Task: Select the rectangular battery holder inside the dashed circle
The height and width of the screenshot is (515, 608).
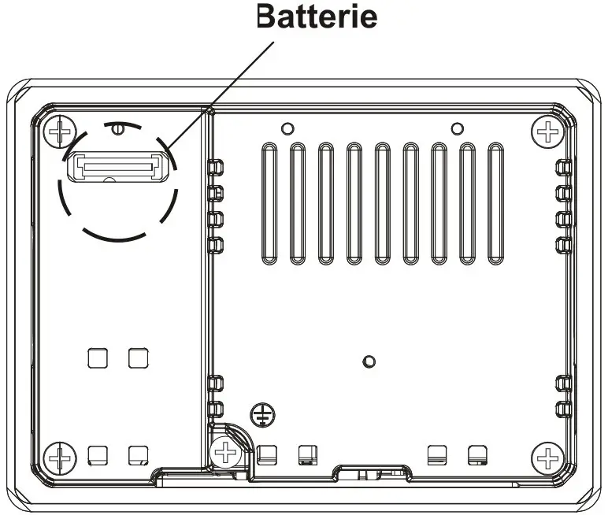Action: tap(118, 166)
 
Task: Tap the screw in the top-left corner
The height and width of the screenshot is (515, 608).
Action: tap(59, 131)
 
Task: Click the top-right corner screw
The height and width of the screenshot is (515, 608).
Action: tap(545, 131)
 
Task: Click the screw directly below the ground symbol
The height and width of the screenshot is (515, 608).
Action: tap(225, 452)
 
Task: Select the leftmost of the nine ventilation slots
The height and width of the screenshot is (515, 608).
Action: tap(269, 204)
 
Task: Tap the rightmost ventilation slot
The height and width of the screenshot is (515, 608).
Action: tap(495, 204)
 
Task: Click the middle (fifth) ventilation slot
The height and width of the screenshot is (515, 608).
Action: tap(382, 204)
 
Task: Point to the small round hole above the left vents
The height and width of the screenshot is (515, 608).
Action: tap(287, 128)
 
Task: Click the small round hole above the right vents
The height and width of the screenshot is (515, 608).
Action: tap(456, 128)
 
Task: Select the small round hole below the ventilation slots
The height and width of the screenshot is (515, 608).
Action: tap(368, 361)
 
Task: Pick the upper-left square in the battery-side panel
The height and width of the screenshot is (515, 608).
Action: tap(97, 358)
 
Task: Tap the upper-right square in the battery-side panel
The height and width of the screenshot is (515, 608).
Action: tap(138, 358)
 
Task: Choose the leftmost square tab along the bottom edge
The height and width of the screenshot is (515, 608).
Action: tap(97, 454)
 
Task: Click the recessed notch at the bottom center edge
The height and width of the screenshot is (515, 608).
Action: tap(372, 474)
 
